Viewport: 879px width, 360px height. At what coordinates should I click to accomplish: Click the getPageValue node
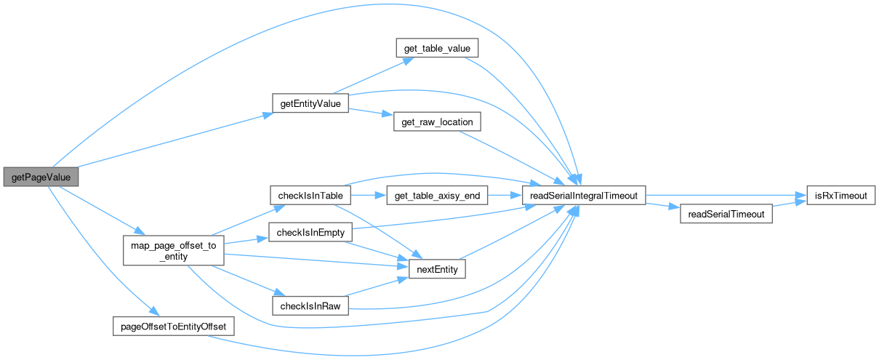(x=40, y=177)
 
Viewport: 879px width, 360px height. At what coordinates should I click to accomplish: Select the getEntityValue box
(x=310, y=103)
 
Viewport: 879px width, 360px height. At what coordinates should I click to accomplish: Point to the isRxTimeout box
(x=840, y=196)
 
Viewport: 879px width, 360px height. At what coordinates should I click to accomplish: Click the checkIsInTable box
(x=310, y=196)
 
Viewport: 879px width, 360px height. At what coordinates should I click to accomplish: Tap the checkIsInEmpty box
(x=310, y=232)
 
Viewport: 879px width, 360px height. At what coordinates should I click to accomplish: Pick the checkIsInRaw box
(x=310, y=305)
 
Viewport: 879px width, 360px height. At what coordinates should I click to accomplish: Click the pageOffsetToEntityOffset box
(x=174, y=327)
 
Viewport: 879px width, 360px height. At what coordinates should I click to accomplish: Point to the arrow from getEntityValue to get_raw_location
(x=370, y=113)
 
